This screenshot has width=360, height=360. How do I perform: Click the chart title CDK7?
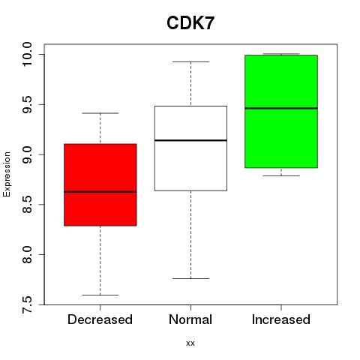point(190,23)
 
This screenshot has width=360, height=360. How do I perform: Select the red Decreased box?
point(100,184)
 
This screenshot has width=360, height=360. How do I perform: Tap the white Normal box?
point(190,148)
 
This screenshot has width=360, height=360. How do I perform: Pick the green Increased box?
point(281,111)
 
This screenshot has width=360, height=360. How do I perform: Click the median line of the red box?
point(100,192)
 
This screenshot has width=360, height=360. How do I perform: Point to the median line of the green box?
point(281,108)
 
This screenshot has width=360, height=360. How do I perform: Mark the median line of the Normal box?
point(190,140)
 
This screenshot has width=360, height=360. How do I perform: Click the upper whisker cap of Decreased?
point(100,113)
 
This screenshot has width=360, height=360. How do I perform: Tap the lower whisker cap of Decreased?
point(100,295)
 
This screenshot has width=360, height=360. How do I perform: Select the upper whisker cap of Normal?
point(190,61)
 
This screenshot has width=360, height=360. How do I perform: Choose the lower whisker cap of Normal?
point(190,278)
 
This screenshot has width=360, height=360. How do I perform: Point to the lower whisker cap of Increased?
point(281,175)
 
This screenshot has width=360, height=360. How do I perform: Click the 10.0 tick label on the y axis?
point(27,54)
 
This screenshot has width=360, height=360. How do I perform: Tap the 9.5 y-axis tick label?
point(27,104)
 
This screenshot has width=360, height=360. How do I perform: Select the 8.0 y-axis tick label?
point(27,254)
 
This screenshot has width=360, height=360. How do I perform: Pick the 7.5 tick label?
point(27,304)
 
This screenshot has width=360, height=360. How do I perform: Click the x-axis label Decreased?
point(100,319)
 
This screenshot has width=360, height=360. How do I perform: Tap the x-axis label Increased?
point(281,319)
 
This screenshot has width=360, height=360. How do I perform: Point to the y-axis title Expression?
point(7,174)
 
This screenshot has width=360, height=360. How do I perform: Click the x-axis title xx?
point(190,343)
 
